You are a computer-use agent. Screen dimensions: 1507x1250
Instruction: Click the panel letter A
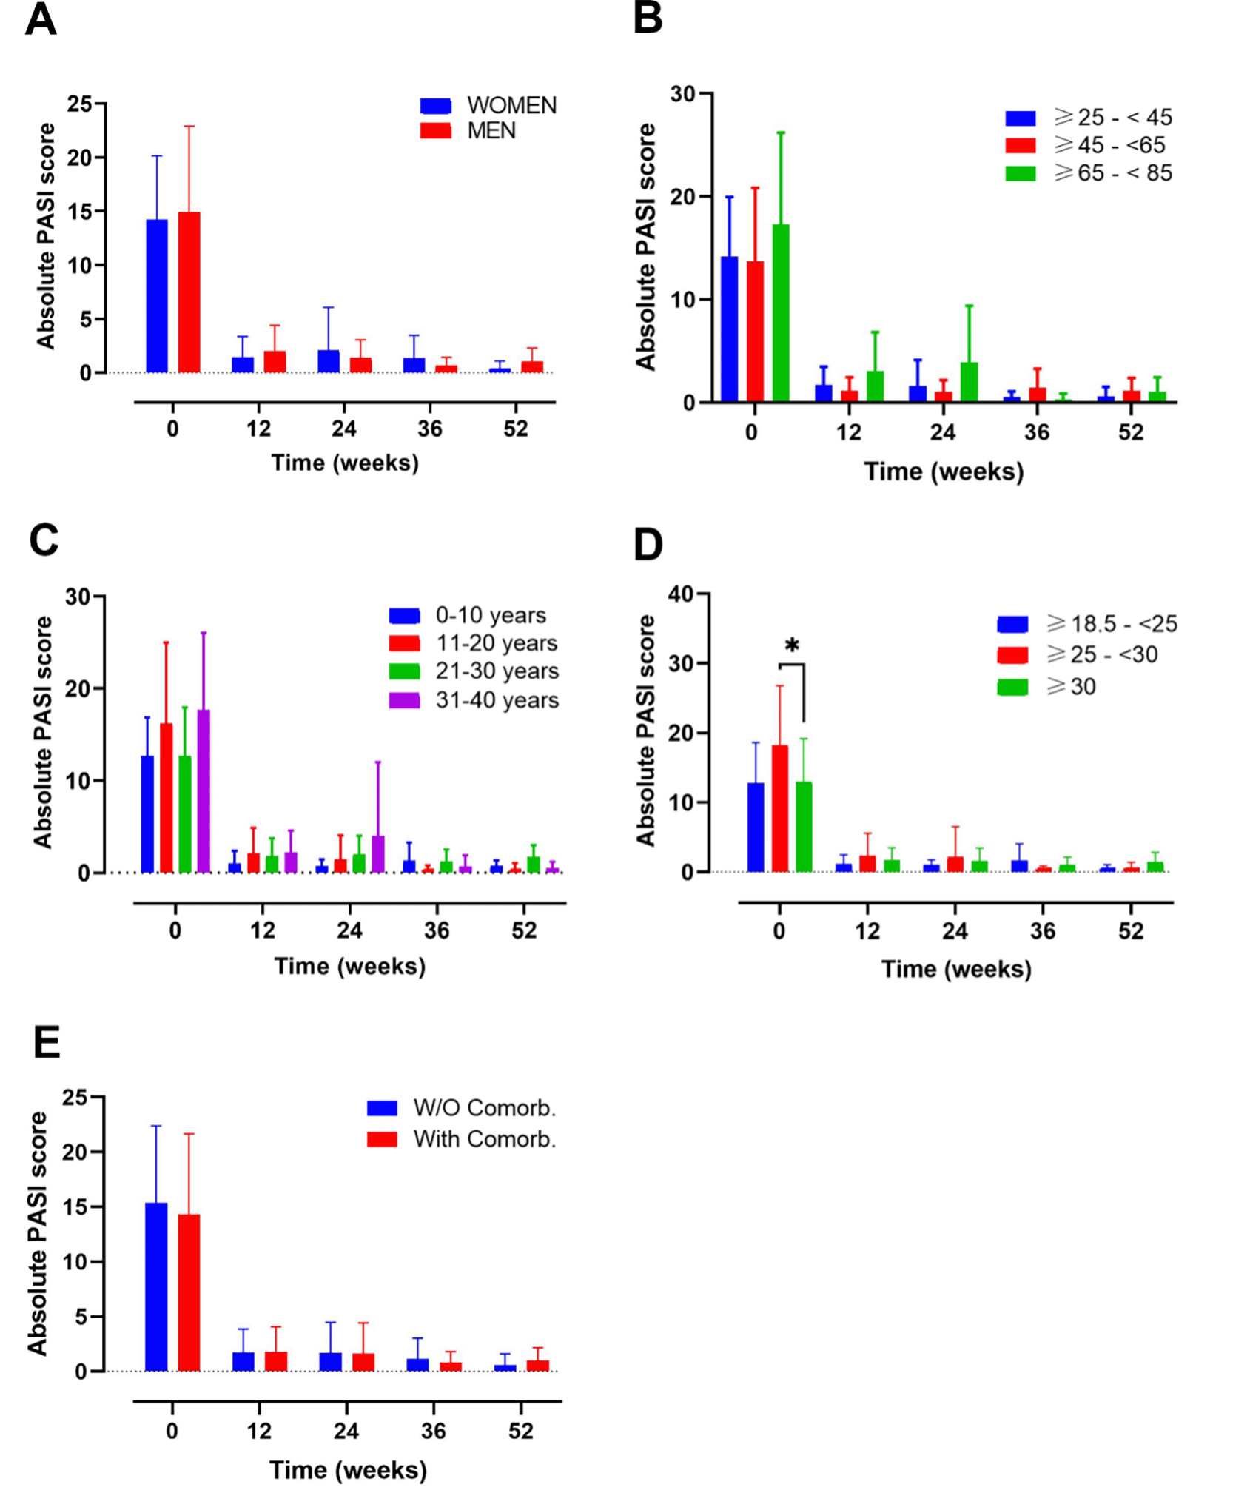point(41,20)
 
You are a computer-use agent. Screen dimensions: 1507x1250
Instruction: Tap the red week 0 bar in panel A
point(189,292)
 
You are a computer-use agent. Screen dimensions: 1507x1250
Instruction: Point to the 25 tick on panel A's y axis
point(79,104)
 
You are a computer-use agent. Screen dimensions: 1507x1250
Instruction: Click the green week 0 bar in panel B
point(781,313)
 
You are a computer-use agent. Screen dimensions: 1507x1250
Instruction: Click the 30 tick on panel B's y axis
point(682,94)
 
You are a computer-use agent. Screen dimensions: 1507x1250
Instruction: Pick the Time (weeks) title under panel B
point(944,471)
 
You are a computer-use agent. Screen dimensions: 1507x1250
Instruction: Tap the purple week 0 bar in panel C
point(204,791)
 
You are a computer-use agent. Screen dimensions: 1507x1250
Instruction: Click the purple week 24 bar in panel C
point(378,854)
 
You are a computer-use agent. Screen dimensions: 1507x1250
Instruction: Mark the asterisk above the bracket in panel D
point(792,645)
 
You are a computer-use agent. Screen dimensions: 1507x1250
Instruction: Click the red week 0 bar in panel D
point(780,808)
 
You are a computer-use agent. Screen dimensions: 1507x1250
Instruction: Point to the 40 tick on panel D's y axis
point(680,594)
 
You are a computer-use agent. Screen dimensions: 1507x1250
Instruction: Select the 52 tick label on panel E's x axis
point(520,1431)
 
